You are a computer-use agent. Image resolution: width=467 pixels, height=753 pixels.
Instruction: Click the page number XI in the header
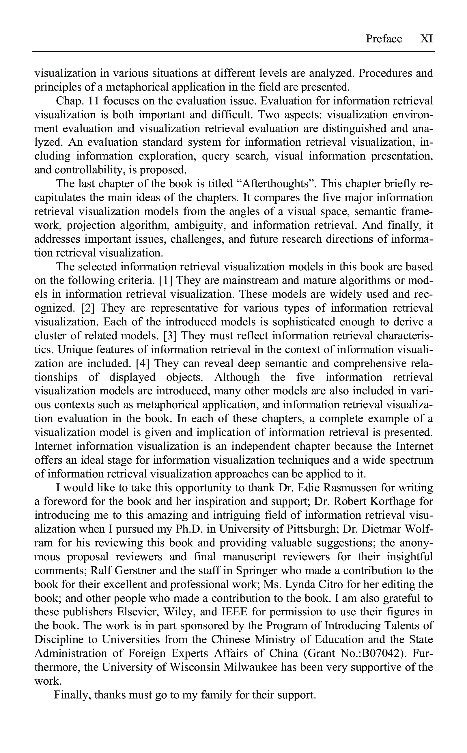click(x=427, y=39)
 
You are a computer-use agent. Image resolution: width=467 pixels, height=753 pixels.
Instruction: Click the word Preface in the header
click(x=384, y=39)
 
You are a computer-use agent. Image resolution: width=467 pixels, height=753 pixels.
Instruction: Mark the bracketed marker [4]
click(x=143, y=364)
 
